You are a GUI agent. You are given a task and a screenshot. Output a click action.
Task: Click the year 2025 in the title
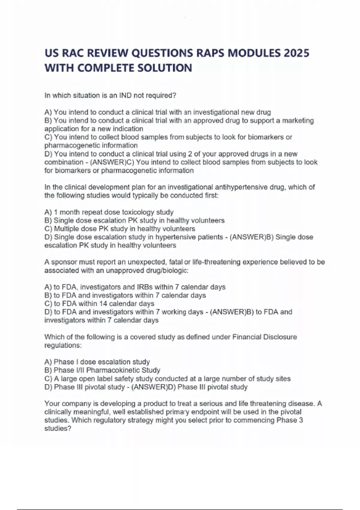[x=296, y=53]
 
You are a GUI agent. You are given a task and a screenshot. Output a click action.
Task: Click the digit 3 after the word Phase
[x=301, y=420]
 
